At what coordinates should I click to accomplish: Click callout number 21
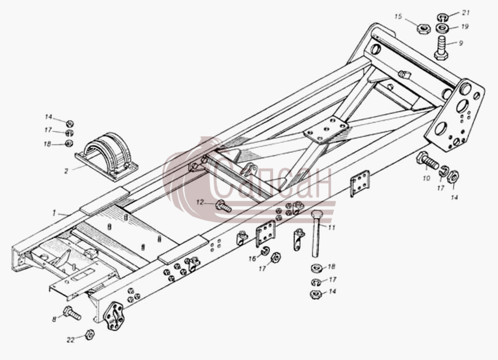point(466,13)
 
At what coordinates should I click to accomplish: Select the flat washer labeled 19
point(442,28)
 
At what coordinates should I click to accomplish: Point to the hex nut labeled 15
point(423,28)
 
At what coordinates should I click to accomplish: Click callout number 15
point(398,16)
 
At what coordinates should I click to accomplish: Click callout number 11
point(332,227)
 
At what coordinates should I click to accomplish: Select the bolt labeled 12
point(223,206)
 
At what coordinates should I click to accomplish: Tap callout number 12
point(200,202)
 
